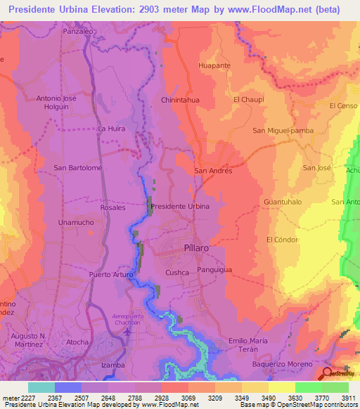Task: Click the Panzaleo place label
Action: click(x=78, y=32)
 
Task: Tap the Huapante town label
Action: click(x=214, y=65)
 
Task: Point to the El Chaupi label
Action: click(x=247, y=100)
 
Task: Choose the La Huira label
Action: click(x=111, y=129)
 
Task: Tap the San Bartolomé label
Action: click(x=78, y=168)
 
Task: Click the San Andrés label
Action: click(x=212, y=170)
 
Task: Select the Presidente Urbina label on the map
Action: click(x=180, y=207)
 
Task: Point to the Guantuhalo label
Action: click(x=282, y=202)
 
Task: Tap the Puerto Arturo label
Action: click(x=109, y=274)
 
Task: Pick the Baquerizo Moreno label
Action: click(x=281, y=364)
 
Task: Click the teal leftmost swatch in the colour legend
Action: click(x=41, y=387)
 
